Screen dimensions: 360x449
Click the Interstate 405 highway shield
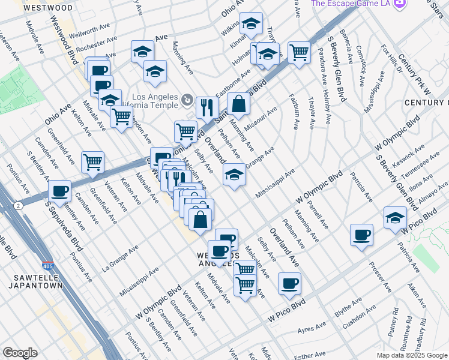[47, 265]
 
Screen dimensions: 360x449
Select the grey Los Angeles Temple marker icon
[188, 99]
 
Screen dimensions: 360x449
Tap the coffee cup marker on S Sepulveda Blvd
[59, 190]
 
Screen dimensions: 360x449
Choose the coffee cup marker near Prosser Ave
[361, 234]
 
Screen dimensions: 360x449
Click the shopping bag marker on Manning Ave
[239, 103]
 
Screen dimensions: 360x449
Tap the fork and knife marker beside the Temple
[206, 107]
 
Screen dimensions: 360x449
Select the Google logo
[20, 353]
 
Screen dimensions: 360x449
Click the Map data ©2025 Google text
[412, 355]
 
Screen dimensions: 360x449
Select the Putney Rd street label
[394, 320]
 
